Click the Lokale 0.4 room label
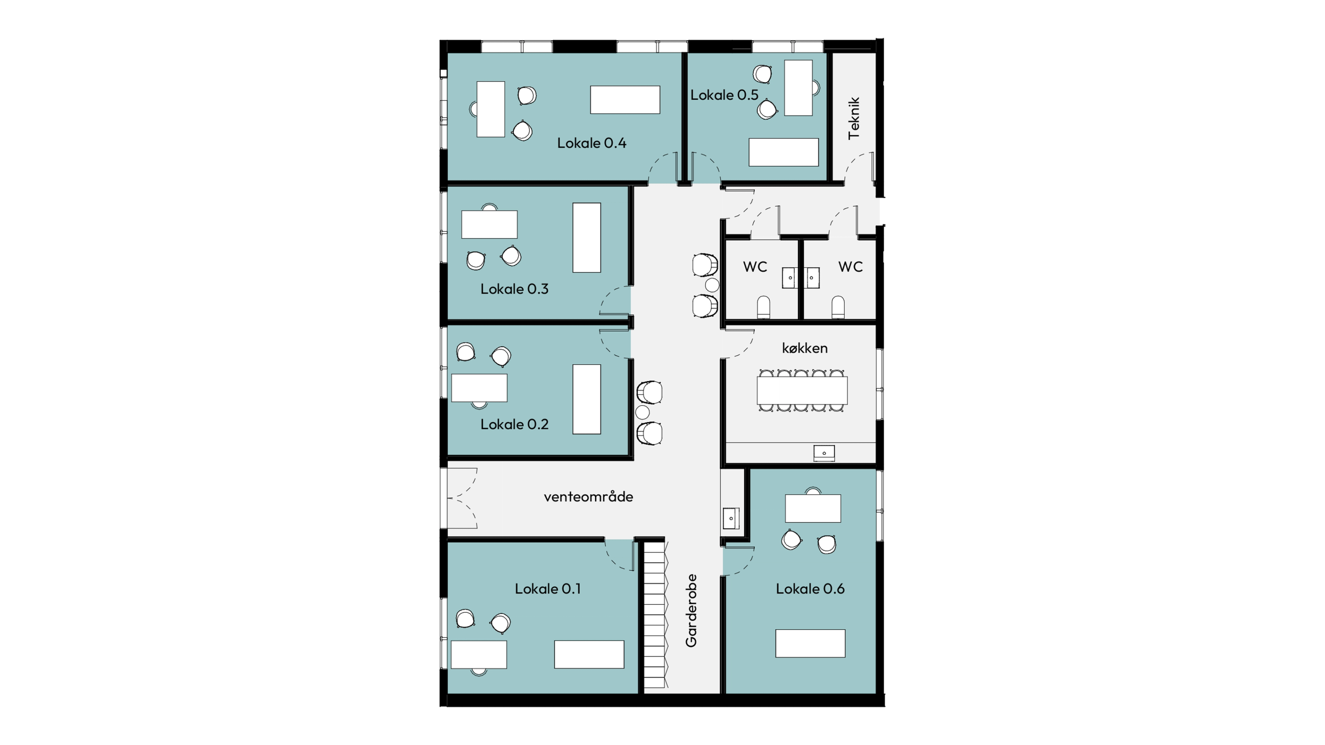click(591, 143)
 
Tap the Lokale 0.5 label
click(724, 95)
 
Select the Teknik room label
click(854, 118)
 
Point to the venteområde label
click(588, 497)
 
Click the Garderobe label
click(691, 610)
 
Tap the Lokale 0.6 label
click(810, 589)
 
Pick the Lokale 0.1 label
click(548, 589)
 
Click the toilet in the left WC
click(764, 307)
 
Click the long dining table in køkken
click(802, 390)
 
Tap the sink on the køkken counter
click(824, 453)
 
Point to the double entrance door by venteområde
click(462, 498)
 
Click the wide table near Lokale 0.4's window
click(625, 100)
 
